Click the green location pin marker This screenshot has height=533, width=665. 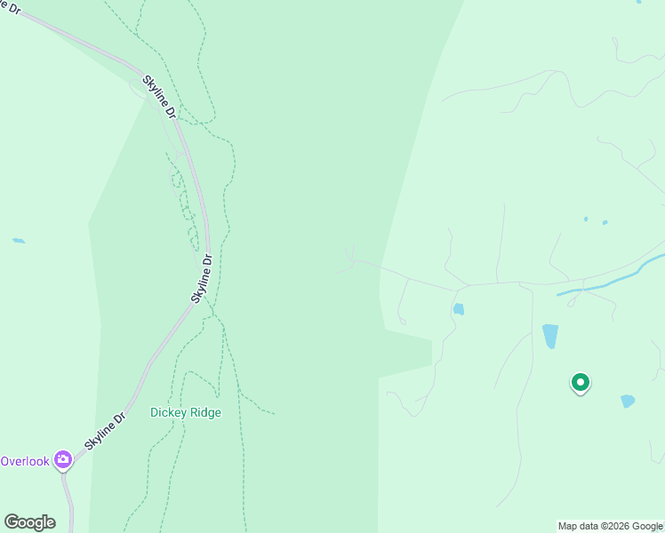point(580,383)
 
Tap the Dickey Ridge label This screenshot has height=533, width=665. point(185,412)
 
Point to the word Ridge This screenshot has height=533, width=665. point(204,412)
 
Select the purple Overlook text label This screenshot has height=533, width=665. point(25,461)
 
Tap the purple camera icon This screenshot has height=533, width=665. point(63,459)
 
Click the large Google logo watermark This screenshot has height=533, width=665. point(29,522)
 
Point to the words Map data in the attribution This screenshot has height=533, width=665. point(579,526)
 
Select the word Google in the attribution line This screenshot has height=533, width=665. point(648,526)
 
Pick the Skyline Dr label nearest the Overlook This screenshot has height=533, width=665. point(106,429)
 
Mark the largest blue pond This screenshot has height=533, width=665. point(550,336)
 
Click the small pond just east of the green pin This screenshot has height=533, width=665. point(628,401)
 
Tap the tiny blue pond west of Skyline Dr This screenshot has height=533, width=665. point(19,241)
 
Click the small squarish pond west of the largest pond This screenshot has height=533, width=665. point(459,309)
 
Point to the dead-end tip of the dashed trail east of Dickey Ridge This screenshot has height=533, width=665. point(274,413)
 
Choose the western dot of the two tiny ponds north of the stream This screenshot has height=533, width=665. point(586,219)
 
